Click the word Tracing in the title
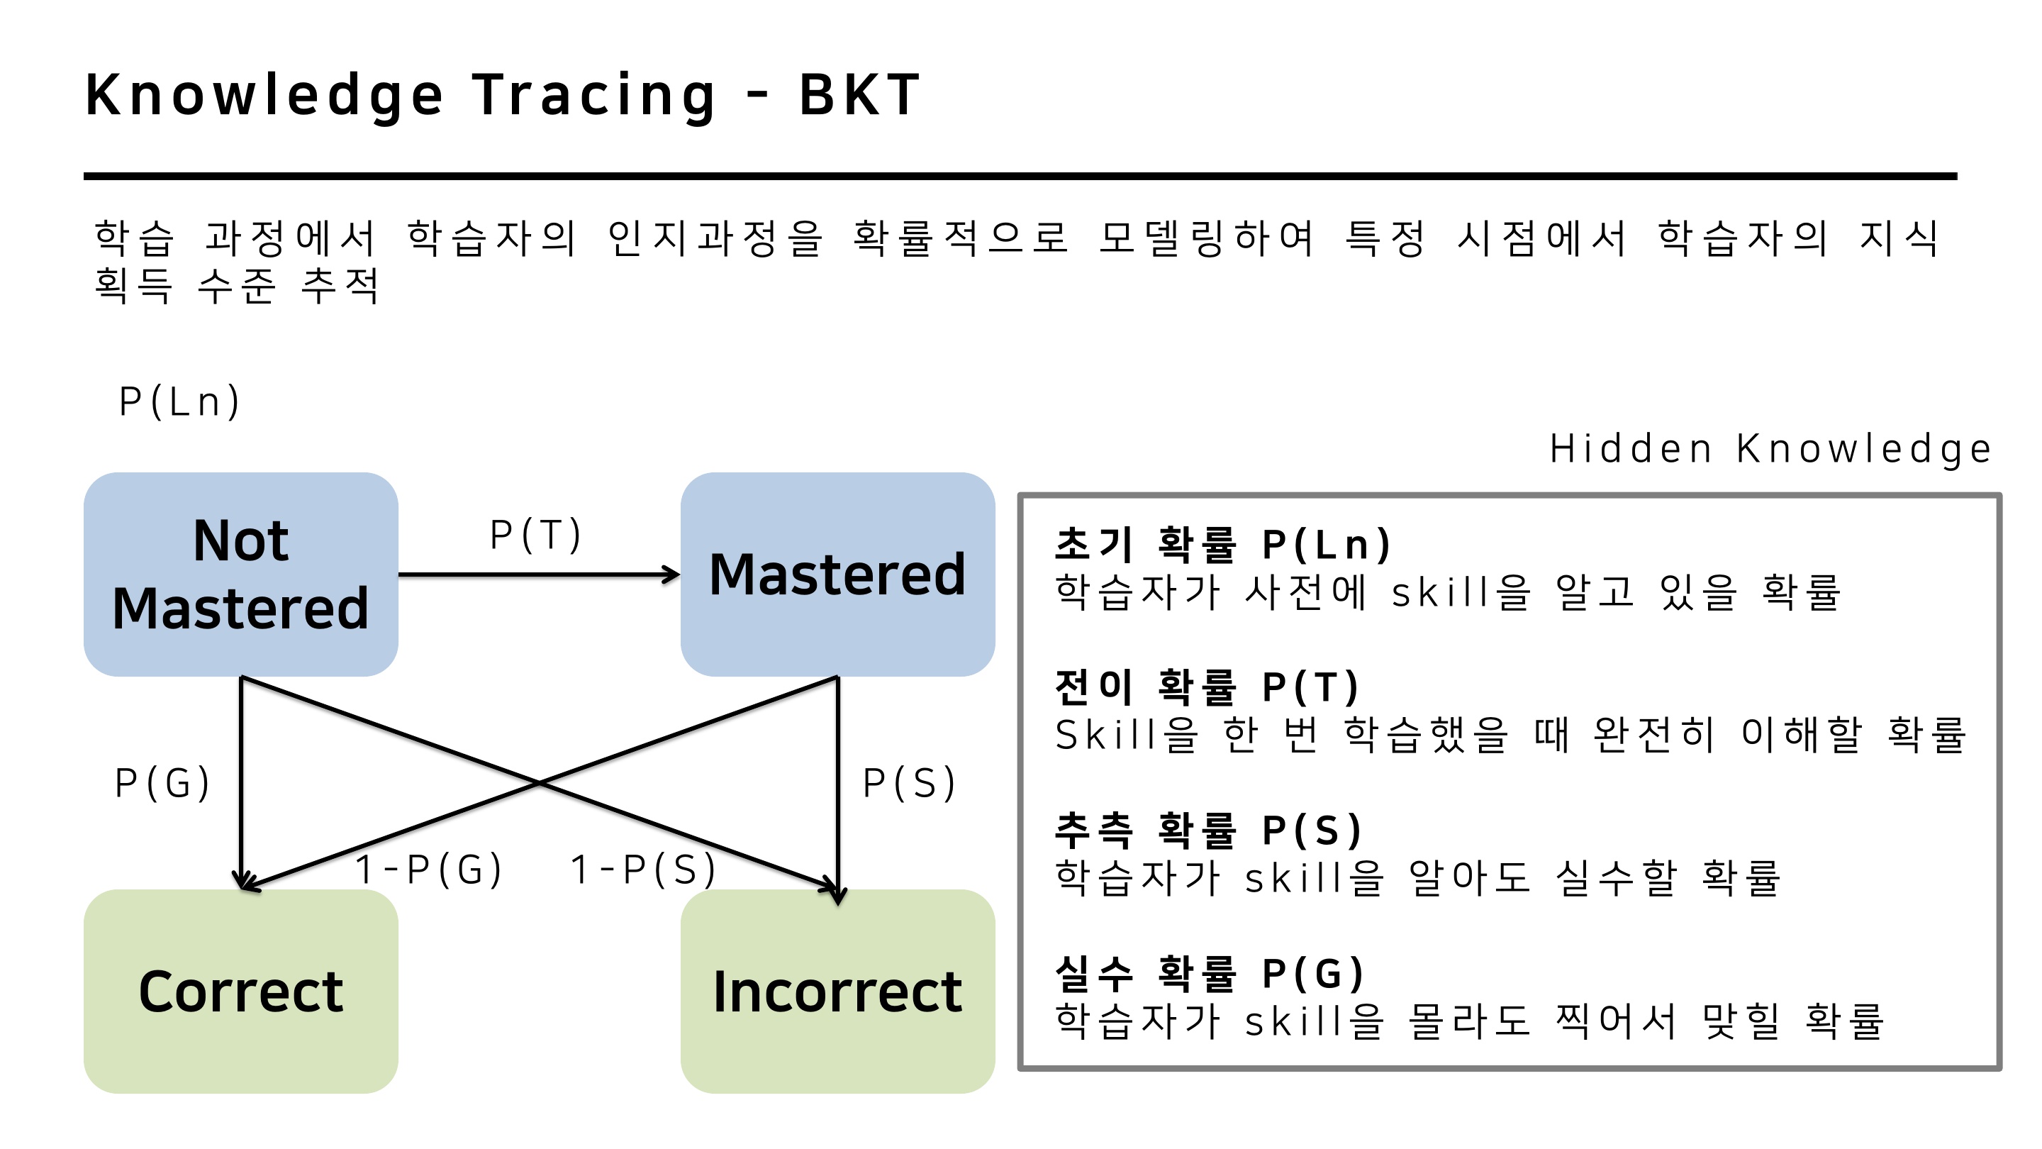595,95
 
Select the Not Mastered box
241,574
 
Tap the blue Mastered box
837,574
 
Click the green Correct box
241,992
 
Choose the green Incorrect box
837,992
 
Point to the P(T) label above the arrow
536,535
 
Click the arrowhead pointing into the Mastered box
672,574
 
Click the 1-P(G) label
429,869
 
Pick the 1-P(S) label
643,869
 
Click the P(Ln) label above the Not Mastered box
179,401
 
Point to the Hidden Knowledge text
1770,449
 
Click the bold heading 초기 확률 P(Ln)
1222,545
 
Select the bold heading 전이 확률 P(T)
1207,687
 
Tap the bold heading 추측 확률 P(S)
1208,831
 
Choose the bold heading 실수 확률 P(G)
1209,974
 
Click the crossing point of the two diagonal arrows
539,782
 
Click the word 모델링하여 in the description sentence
1205,238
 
